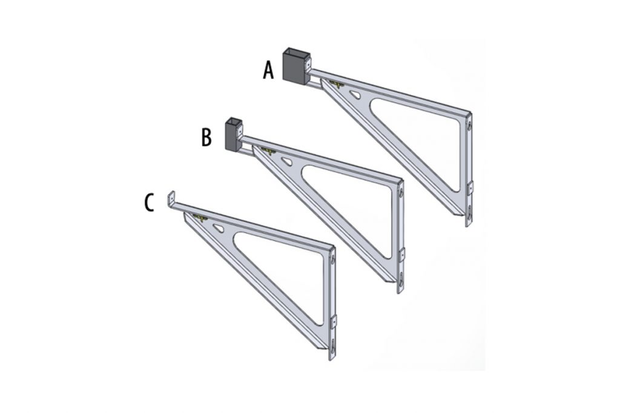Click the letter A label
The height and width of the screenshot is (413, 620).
[x=268, y=71]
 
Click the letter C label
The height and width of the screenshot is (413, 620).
[x=148, y=202]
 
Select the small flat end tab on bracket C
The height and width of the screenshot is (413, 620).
[x=171, y=200]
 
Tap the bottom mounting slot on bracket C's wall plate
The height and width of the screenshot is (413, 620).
[x=333, y=347]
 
